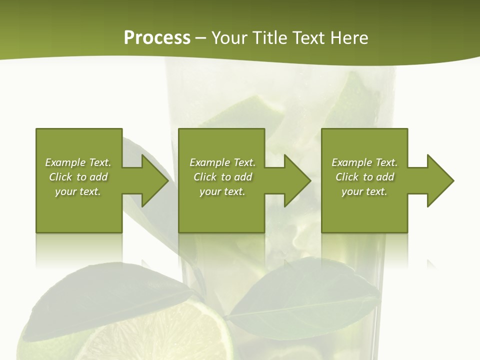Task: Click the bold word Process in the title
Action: [157, 38]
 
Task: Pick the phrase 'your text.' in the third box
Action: [364, 191]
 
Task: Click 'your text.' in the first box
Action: [78, 191]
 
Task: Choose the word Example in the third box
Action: [351, 162]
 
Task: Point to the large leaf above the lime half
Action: [105, 295]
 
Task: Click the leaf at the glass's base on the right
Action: [305, 300]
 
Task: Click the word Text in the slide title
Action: [307, 38]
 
